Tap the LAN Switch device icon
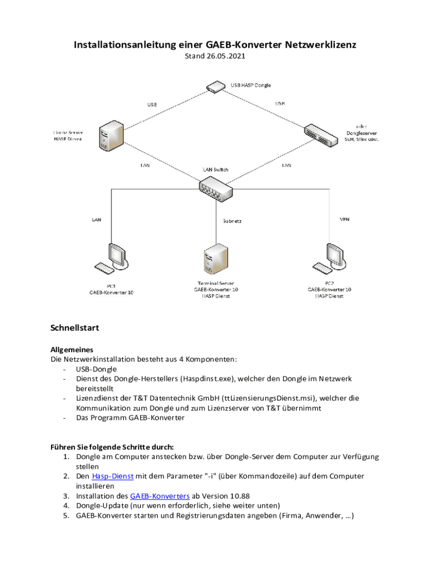[x=216, y=188]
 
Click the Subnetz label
[x=232, y=221]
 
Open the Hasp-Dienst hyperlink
[x=112, y=476]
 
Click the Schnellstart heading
[x=75, y=328]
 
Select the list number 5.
[x=65, y=516]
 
